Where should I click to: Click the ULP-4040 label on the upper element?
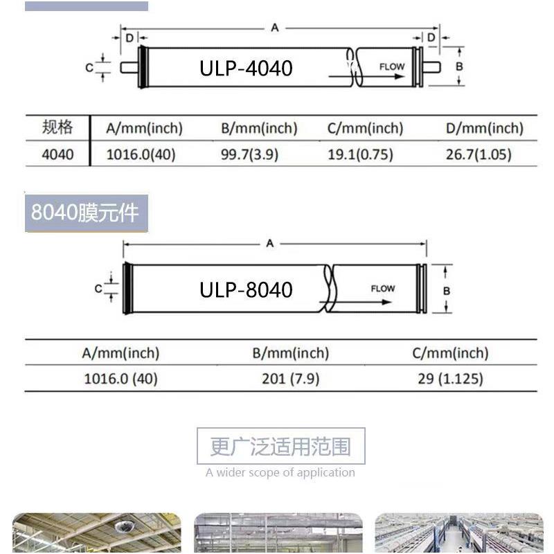(x=246, y=68)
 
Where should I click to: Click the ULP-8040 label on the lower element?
(x=246, y=289)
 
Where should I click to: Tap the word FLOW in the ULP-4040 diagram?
(x=392, y=67)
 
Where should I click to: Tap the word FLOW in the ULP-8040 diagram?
(x=383, y=289)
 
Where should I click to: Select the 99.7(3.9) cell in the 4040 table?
(x=249, y=154)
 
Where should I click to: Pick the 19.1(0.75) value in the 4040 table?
(x=360, y=154)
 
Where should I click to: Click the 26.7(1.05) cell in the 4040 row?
(x=479, y=154)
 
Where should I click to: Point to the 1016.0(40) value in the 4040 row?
(x=141, y=154)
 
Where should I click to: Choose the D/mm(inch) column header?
(x=485, y=128)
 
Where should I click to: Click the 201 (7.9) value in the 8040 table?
(x=290, y=379)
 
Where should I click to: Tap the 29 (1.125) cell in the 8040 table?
(x=450, y=379)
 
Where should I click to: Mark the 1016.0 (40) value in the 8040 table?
(x=120, y=379)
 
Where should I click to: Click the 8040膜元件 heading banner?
(x=86, y=212)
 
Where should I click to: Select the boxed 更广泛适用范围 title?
(x=280, y=447)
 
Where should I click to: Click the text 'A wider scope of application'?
(x=280, y=473)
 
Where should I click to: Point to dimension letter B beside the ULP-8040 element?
(x=447, y=291)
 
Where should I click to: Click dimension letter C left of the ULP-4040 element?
(x=89, y=68)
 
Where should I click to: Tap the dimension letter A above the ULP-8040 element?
(x=270, y=243)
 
